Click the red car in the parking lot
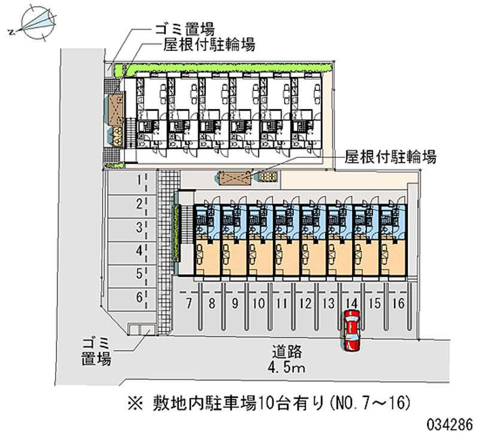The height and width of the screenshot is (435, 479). point(351,331)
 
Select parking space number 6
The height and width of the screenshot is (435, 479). point(129,296)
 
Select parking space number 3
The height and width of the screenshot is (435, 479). point(129,227)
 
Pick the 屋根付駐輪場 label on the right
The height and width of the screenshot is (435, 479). point(391,157)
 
